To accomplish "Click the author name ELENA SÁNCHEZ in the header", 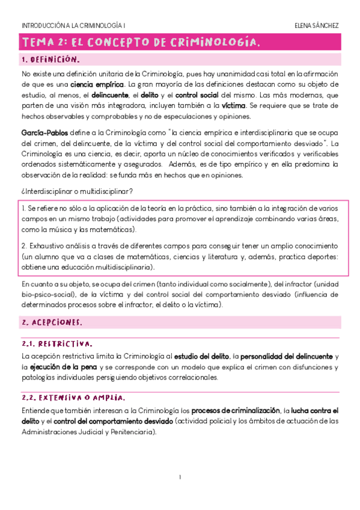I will coord(316,26).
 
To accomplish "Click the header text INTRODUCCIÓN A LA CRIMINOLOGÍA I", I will coord(73,26).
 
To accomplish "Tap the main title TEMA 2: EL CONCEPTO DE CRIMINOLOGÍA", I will coord(141,43).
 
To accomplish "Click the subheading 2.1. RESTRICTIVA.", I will coord(57,344).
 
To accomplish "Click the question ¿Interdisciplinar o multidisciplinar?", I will coord(77,191).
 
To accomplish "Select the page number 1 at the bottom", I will coord(180,478).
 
